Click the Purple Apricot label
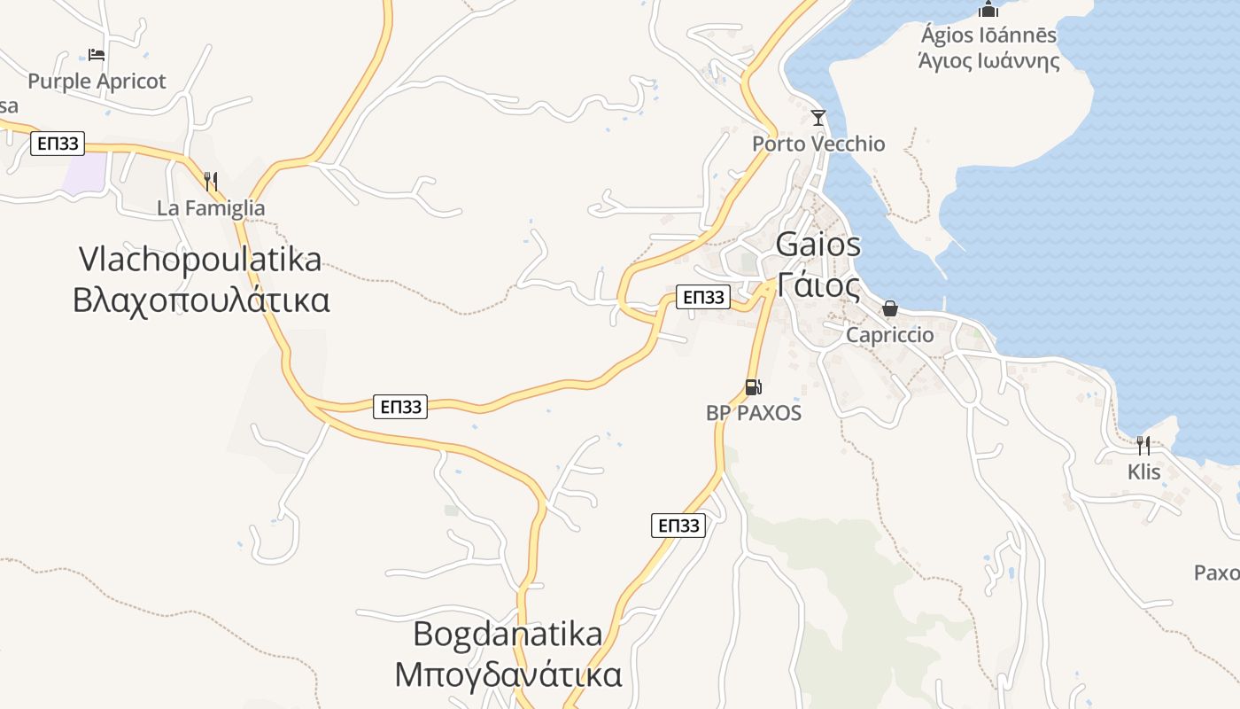(97, 82)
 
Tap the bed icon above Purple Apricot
(97, 55)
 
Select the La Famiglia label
(211, 208)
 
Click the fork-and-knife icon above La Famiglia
(211, 182)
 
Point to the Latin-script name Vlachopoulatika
(200, 260)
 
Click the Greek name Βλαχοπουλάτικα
(201, 300)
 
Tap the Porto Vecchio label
(818, 144)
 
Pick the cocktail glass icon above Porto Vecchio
(818, 117)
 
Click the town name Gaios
(818, 244)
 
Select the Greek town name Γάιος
(818, 285)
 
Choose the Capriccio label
(889, 335)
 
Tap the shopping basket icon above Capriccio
(889, 308)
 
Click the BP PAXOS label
(754, 413)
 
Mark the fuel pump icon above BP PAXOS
(753, 386)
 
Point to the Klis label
(1143, 472)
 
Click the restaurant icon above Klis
(1143, 445)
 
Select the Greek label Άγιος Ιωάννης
(988, 61)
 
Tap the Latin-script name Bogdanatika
(508, 635)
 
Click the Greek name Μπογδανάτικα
(508, 675)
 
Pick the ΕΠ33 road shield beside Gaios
(703, 297)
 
